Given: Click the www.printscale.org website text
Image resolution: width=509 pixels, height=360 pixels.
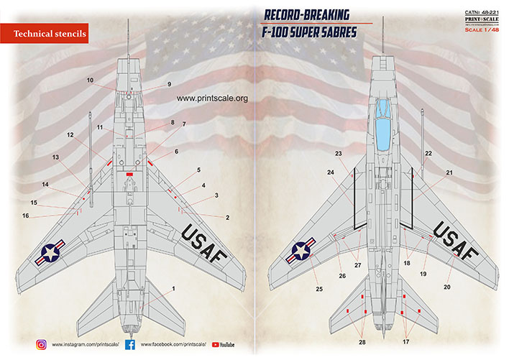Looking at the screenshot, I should pos(211,99).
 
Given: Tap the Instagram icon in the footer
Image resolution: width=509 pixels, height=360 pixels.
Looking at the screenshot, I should pos(42,345).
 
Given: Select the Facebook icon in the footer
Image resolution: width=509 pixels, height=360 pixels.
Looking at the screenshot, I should pos(131,345).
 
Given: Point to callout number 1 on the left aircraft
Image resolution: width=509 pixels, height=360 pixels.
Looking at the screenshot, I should pos(173,289).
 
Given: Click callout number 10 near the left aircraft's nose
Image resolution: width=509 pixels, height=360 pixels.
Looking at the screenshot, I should pos(91,80).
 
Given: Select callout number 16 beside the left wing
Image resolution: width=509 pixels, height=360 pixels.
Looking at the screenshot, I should pos(25,216).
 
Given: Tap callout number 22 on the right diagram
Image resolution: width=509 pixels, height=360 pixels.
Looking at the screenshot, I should pos(428,154).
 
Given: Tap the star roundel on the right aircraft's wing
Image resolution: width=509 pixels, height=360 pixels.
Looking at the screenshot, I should pos(301,251).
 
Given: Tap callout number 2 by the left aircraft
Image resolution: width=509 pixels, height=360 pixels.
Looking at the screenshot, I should pos(227,217).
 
